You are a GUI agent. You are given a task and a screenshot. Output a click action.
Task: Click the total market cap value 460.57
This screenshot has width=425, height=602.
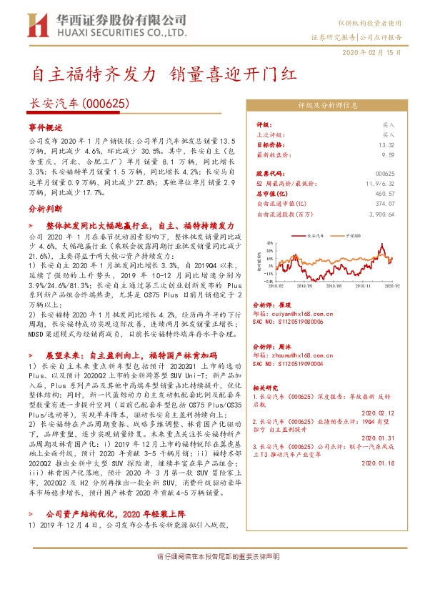[x=384, y=193]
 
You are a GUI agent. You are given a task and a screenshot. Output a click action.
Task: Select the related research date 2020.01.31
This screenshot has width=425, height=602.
[x=379, y=438]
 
